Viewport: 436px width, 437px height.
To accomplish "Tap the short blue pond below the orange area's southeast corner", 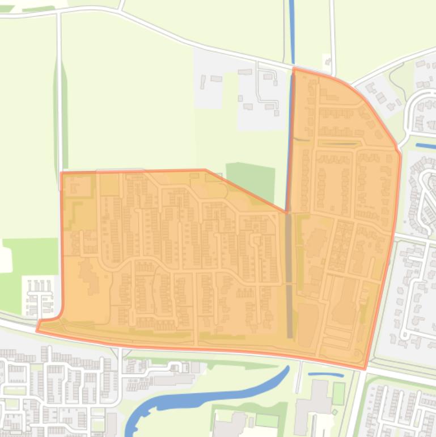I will coord(325,375).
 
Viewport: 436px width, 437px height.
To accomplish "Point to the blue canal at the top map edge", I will coord(291,28).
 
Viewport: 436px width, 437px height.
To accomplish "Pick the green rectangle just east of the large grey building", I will coord(338,393).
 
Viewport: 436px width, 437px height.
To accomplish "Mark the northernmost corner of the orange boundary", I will coord(294,68).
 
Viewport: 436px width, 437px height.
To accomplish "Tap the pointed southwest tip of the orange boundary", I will coord(37,330).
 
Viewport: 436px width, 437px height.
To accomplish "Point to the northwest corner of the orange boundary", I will coord(61,173).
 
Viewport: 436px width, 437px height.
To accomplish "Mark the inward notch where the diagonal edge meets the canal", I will coord(286,212).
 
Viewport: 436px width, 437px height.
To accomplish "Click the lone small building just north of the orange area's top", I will coord(327,60).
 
